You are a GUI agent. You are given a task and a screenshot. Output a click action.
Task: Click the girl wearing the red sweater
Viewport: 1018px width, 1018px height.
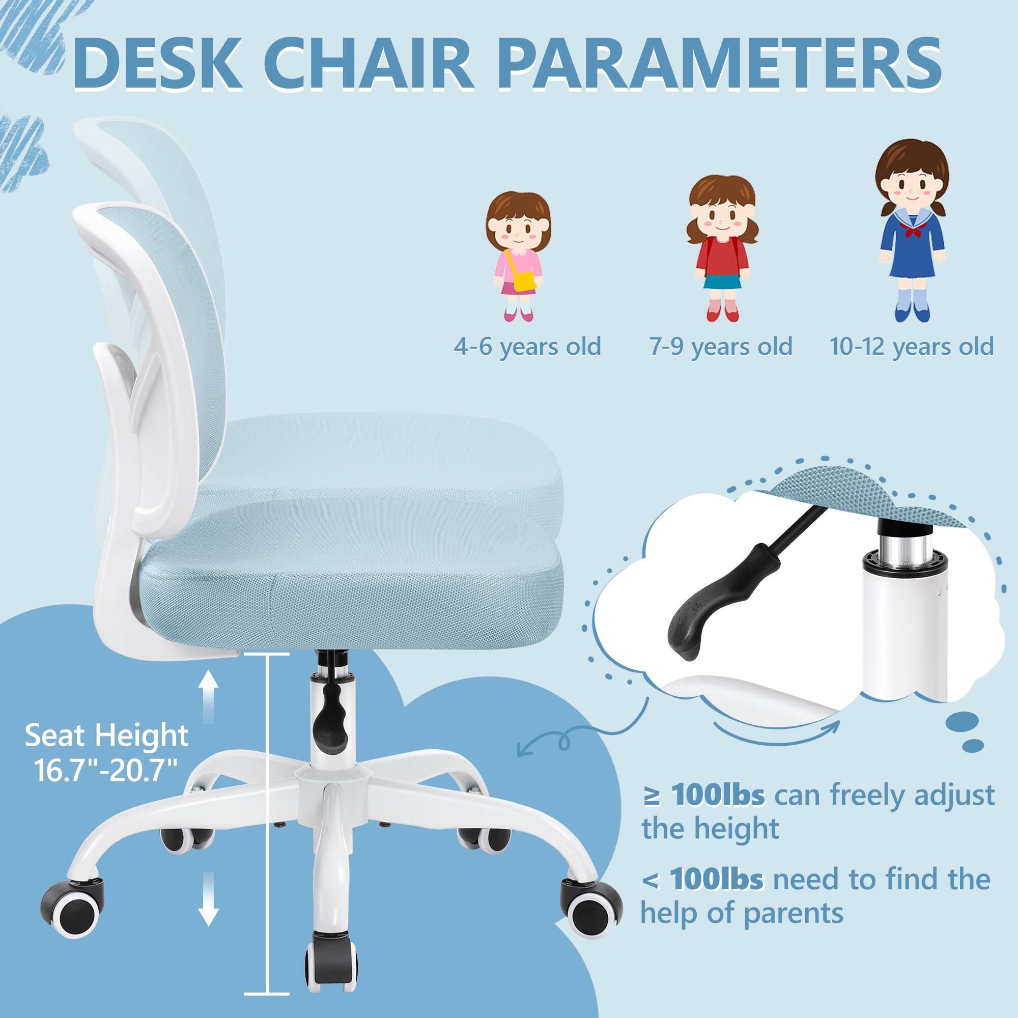click(722, 248)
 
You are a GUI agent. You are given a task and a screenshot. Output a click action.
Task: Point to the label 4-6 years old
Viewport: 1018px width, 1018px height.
click(527, 346)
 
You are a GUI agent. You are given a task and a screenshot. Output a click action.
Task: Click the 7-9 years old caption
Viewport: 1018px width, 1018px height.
click(720, 346)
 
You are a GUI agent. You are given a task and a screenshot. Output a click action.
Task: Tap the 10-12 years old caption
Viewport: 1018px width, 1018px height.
click(912, 346)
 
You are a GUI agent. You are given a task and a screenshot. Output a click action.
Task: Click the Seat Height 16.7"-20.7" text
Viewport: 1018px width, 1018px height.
click(106, 753)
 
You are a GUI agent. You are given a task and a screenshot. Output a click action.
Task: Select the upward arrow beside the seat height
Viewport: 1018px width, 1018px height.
click(209, 695)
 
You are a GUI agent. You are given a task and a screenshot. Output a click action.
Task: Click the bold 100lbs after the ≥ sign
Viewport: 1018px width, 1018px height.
click(718, 796)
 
